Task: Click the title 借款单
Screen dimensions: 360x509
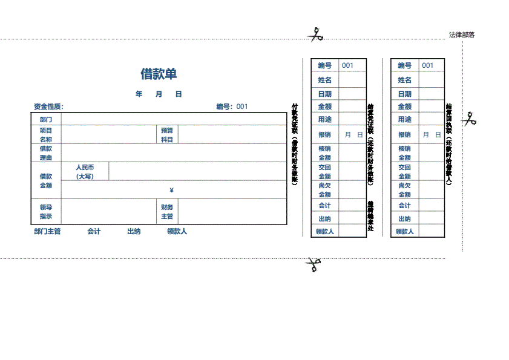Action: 159,74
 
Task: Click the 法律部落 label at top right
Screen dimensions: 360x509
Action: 462,35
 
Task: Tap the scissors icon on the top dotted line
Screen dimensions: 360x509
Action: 315,35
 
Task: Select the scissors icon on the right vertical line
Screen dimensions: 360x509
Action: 468,119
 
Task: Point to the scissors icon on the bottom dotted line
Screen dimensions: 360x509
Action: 313,264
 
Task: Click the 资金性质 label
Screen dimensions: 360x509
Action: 48,107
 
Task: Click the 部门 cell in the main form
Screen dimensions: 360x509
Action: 46,120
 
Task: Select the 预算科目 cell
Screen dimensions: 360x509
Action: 167,135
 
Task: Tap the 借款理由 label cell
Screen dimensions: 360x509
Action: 46,153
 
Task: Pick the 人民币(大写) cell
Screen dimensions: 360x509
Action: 85,171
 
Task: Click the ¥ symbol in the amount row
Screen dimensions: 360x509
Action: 172,191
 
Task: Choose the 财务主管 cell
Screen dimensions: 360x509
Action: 167,212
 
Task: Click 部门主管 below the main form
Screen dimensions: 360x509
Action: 47,232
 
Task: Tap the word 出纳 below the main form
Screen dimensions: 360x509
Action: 134,232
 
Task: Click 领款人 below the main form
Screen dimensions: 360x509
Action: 177,232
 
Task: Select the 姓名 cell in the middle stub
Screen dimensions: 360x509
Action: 325,80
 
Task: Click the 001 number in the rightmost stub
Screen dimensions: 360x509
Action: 428,65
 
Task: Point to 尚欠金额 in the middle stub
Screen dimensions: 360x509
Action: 325,190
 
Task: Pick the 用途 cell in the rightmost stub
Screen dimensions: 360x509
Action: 404,119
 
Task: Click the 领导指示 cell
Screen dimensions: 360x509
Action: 46,212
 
